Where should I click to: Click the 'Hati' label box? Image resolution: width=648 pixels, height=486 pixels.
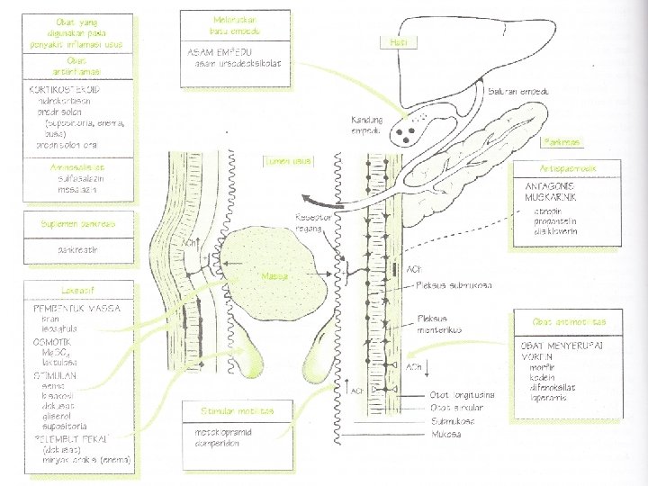pyautogui.click(x=397, y=42)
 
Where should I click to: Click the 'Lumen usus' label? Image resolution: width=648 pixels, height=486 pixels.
pyautogui.click(x=286, y=162)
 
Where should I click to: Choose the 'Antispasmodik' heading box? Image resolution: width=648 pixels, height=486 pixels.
pyautogui.click(x=567, y=167)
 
